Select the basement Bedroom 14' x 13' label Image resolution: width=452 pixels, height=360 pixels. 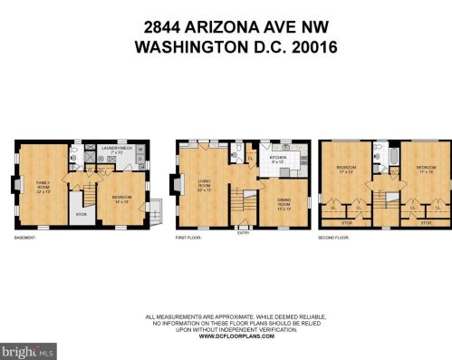click(x=123, y=199)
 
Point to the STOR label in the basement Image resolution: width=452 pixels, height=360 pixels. click(x=81, y=215)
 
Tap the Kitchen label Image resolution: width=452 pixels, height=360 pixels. click(x=276, y=161)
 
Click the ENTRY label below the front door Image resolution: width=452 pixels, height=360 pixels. click(x=241, y=232)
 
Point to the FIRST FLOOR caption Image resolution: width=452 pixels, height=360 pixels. click(x=188, y=238)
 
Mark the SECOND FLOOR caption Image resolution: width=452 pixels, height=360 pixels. click(x=333, y=238)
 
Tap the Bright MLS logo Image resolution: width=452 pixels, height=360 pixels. click(x=28, y=349)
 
